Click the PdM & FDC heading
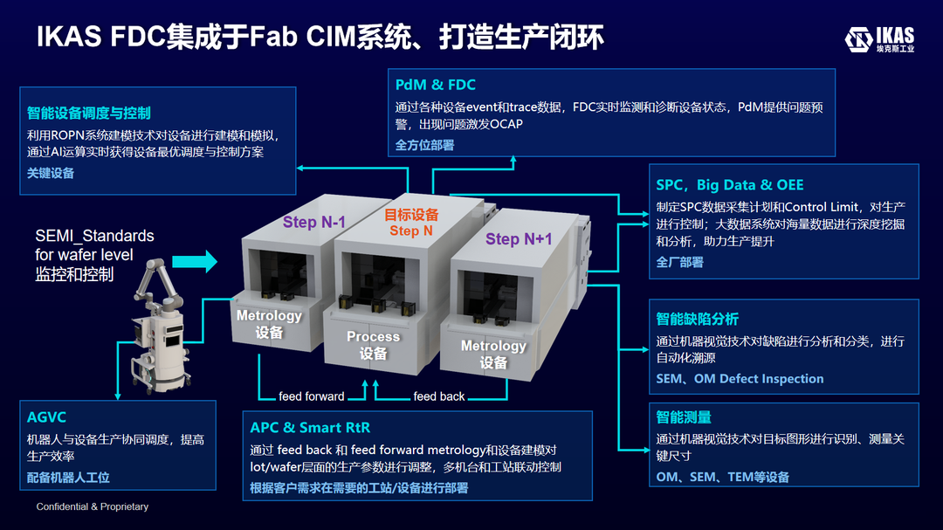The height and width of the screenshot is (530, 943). point(435,85)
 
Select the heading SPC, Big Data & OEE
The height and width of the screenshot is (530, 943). point(729,185)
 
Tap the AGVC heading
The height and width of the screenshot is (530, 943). point(46,417)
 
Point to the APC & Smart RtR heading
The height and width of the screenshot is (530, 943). point(310,427)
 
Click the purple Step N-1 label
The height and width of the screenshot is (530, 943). point(313,223)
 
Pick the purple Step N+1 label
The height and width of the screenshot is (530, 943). point(519,239)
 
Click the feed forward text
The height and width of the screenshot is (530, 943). point(311,396)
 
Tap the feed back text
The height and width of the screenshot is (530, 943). point(438,396)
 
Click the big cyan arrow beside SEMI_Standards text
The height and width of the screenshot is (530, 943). point(193,260)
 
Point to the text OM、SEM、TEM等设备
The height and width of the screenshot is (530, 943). point(722,477)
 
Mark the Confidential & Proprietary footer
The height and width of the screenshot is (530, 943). point(92,506)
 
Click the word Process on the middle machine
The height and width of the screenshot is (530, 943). point(373,336)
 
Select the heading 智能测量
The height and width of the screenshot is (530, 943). point(684,417)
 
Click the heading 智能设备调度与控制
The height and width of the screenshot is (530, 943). point(88,113)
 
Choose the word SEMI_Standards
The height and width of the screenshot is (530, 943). point(94,236)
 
